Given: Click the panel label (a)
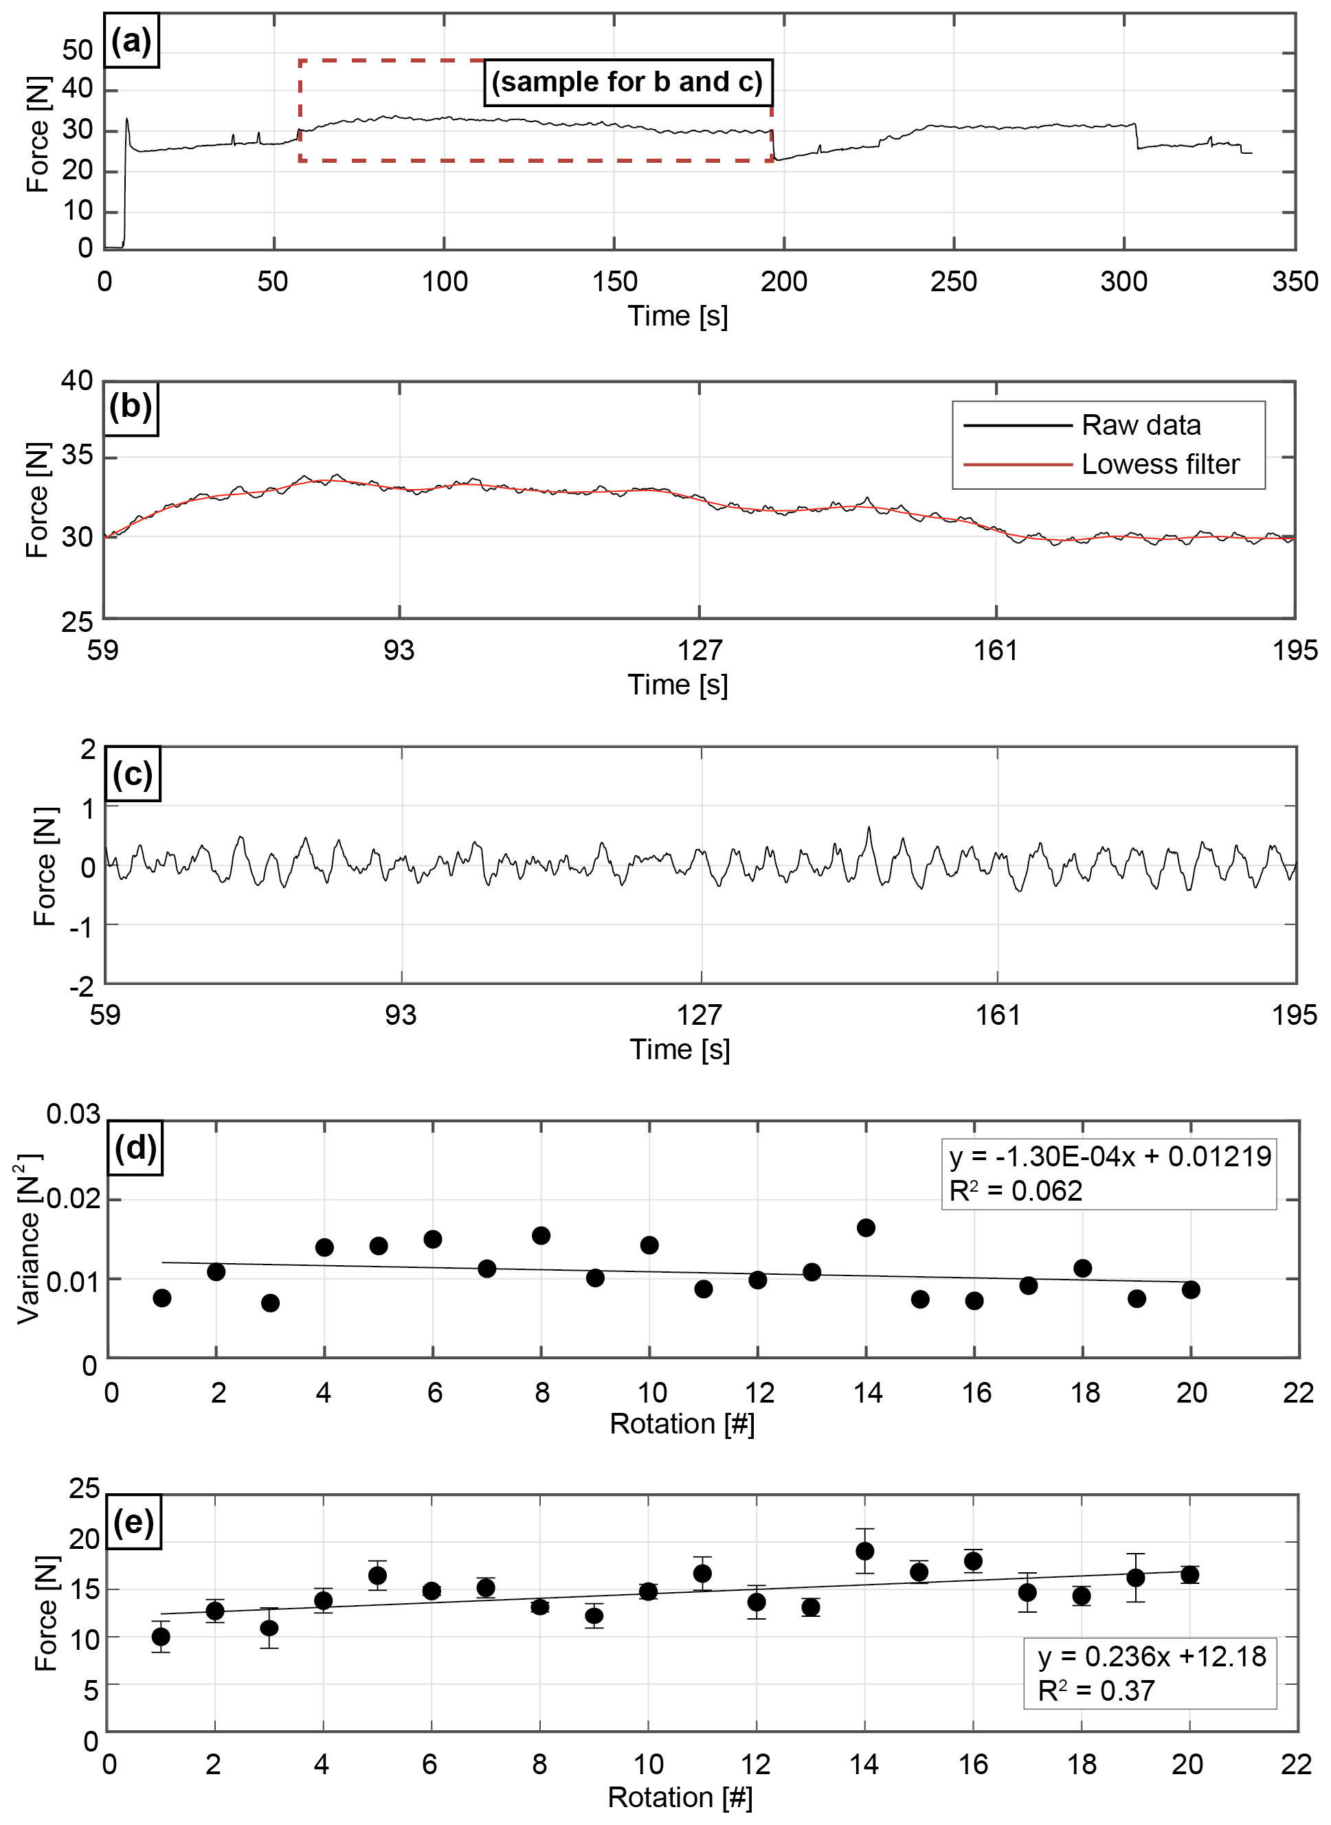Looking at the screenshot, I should (131, 41).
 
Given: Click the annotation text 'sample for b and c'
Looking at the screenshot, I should (627, 82).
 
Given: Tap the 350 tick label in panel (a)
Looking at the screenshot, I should (1295, 281).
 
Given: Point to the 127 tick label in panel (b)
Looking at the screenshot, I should (700, 650).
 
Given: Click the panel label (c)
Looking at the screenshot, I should (133, 774).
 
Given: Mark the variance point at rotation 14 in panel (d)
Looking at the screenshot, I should (866, 1228).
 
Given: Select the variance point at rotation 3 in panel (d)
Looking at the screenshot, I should (271, 1303).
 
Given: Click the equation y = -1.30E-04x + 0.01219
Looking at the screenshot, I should (1110, 1157).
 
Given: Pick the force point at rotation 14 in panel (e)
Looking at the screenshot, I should (865, 1551).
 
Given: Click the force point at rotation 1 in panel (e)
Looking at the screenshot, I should (161, 1637).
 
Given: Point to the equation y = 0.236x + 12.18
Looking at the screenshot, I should (1152, 1657).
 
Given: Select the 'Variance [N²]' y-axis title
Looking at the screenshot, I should (29, 1238).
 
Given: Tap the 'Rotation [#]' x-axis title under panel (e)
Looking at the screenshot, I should (680, 1798).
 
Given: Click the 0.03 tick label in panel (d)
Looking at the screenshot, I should (73, 1115).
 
